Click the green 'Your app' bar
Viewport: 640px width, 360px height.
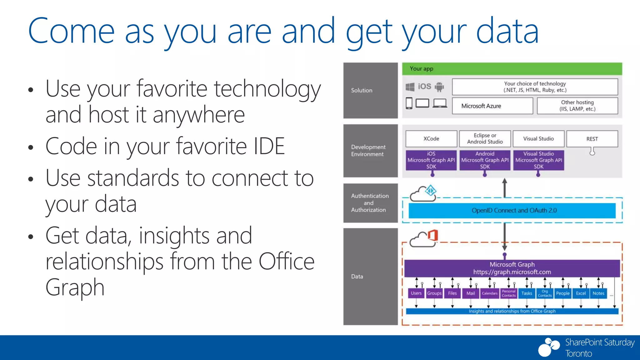click(512, 69)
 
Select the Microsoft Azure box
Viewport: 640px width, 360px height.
click(492, 106)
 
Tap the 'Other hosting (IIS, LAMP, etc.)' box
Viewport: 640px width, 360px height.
click(577, 106)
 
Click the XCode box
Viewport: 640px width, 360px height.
click(431, 139)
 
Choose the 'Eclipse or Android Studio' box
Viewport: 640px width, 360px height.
click(485, 139)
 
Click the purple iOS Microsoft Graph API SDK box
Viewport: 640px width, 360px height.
click(431, 160)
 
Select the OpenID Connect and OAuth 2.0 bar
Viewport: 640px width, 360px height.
click(512, 211)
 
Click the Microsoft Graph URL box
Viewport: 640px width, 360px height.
click(512, 268)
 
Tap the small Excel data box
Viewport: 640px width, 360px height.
click(581, 293)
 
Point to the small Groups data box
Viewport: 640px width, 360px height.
click(434, 293)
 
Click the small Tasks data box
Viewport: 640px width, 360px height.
click(527, 293)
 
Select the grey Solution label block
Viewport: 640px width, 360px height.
click(370, 91)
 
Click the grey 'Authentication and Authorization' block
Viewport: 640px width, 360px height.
click(370, 203)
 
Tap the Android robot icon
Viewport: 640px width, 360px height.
click(439, 87)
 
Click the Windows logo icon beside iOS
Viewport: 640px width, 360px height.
click(410, 87)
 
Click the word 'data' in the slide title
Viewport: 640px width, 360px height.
click(507, 31)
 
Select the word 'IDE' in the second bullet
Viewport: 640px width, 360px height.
click(269, 146)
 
